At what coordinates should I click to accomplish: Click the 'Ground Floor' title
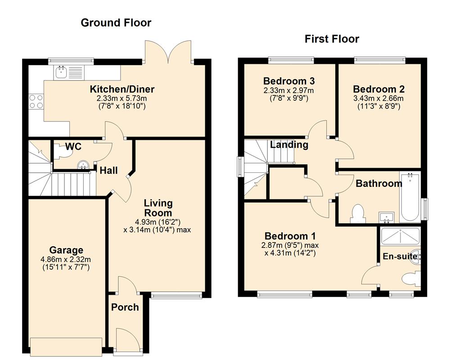[x=116, y=22]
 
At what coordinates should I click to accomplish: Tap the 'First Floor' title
[x=332, y=39]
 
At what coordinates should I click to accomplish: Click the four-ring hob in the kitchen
[x=36, y=101]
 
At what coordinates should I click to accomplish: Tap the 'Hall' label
[x=108, y=171]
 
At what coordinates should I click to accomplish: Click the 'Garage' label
[x=66, y=250]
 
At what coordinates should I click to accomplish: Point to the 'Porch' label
[x=125, y=307]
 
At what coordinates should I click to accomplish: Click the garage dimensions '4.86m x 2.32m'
[x=66, y=260]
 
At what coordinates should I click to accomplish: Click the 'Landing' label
[x=289, y=145]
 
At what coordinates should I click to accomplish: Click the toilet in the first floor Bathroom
[x=358, y=214]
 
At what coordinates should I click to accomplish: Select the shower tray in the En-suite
[x=400, y=236]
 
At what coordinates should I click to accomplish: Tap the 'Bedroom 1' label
[x=290, y=236]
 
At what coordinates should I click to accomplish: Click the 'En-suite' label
[x=399, y=256]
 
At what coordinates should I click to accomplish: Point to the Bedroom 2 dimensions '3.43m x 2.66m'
[x=378, y=99]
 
